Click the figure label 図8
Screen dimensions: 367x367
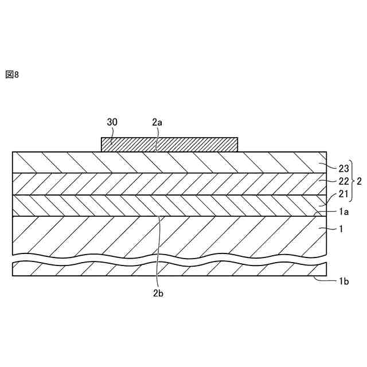pos(12,75)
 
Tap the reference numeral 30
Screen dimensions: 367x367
pos(112,122)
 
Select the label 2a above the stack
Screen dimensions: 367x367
pos(157,122)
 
